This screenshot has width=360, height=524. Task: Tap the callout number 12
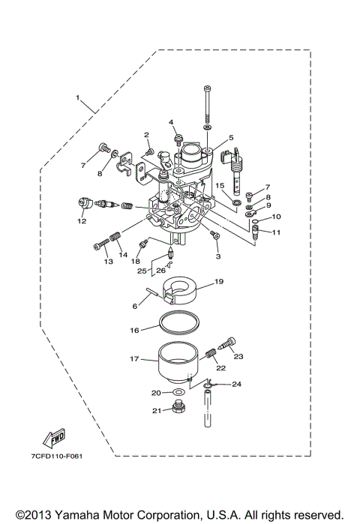coord(81,221)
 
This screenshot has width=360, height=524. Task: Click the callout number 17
coord(135,359)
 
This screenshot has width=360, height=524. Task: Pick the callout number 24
coord(237,385)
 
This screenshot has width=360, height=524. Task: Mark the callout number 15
coord(220,185)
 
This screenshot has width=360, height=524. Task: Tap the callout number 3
coord(218,256)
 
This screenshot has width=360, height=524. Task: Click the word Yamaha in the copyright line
coord(81,516)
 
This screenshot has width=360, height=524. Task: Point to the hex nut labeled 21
coord(178,409)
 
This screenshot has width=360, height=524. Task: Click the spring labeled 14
coord(115,239)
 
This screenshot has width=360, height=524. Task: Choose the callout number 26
coord(160,271)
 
